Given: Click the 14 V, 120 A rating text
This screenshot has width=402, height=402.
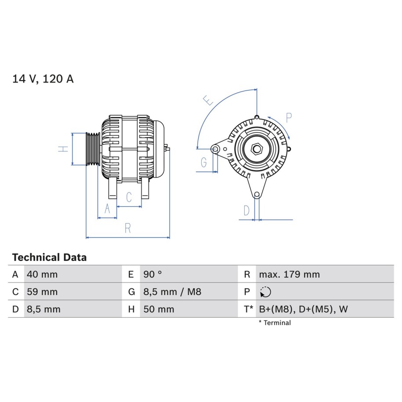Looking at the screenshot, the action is tap(43, 79).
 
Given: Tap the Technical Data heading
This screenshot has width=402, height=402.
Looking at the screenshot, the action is tap(50, 257).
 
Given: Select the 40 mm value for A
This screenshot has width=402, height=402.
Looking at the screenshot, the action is tap(42, 274).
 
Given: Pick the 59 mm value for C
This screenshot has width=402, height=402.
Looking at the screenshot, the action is tap(42, 292).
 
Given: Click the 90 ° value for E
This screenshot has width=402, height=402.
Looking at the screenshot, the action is tap(152, 274).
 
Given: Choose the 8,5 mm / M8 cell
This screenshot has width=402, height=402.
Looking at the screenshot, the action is tap(172, 292).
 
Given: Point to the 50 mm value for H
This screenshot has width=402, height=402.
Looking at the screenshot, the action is tap(159, 309).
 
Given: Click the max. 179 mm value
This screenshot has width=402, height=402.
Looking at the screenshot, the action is tap(290, 274).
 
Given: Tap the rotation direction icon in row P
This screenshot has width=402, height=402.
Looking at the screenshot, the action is tap(265, 292).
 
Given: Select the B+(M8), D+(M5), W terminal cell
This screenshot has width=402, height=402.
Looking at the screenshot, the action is tap(303, 309).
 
